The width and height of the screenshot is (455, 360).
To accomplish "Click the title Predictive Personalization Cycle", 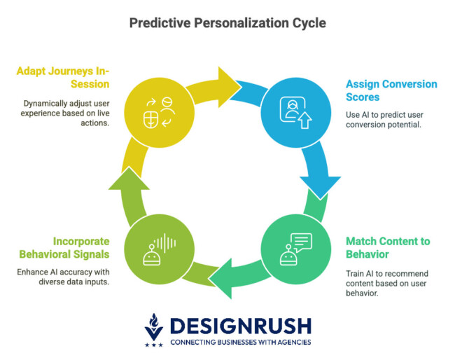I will [x=227, y=23].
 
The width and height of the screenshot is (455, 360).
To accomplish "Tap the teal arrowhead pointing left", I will [x=225, y=277].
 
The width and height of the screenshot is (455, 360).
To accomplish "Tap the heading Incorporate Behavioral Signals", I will [x=64, y=247].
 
